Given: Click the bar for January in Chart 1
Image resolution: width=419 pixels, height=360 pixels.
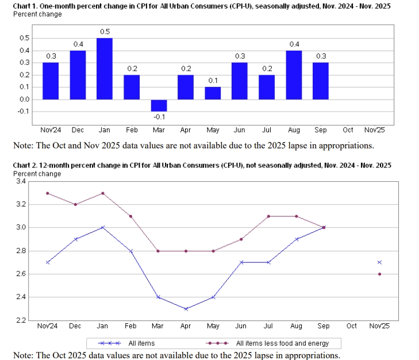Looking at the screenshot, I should pyautogui.click(x=105, y=68).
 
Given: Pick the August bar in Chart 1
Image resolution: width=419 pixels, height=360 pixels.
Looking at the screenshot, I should pyautogui.click(x=294, y=75).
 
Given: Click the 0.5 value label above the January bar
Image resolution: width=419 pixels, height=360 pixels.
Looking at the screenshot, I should pyautogui.click(x=105, y=32).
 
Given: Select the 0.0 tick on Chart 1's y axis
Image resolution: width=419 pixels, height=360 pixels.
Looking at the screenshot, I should pyautogui.click(x=24, y=99).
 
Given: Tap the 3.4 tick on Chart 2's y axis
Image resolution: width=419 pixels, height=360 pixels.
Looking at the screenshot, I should pyautogui.click(x=21, y=181).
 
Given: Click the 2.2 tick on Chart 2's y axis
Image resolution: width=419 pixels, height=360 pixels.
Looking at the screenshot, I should pyautogui.click(x=21, y=320).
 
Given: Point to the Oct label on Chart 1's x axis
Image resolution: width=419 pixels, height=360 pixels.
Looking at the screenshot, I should pyautogui.click(x=347, y=131).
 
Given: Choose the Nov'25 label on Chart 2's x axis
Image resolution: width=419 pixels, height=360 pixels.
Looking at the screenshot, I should pyautogui.click(x=379, y=326).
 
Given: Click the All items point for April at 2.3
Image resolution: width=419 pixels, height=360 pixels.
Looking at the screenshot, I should pyautogui.click(x=186, y=309).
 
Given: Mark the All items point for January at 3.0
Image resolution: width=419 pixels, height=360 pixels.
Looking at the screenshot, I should pyautogui.click(x=103, y=228).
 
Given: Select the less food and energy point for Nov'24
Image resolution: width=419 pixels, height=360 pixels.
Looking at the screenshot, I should pyautogui.click(x=47, y=193).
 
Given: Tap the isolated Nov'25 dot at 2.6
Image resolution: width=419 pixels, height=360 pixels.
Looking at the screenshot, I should pyautogui.click(x=379, y=274).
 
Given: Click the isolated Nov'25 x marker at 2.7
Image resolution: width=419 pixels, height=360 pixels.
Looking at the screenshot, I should pyautogui.click(x=379, y=262).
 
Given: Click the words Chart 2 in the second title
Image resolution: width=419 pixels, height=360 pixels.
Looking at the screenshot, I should pyautogui.click(x=25, y=165).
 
